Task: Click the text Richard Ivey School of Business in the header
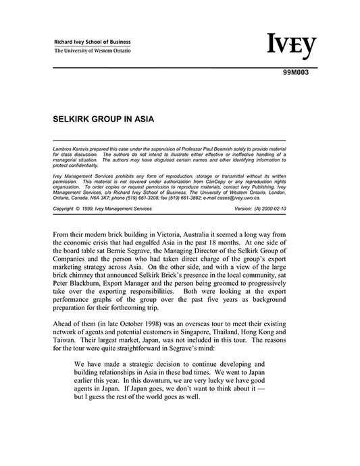93,42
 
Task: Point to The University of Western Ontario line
93,51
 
